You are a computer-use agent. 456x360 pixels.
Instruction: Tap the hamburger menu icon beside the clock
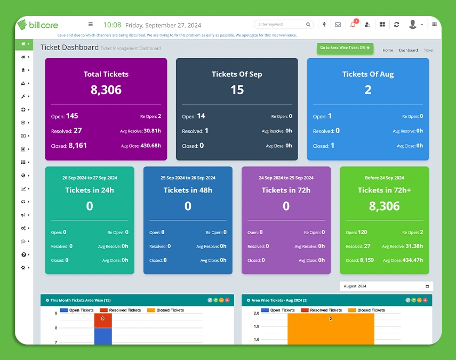click(91, 25)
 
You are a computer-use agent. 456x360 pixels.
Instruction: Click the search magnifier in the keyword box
click(308, 25)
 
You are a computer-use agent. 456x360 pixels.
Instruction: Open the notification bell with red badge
click(353, 25)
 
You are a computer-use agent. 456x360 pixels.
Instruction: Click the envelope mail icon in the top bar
click(338, 25)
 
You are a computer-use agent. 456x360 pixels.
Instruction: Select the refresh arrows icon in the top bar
click(396, 25)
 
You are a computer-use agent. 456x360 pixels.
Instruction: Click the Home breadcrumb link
click(388, 50)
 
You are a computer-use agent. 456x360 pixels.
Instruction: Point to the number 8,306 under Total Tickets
click(106, 90)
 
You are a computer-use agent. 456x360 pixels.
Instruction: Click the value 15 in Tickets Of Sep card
click(237, 90)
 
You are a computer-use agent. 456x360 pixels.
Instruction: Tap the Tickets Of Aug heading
click(368, 74)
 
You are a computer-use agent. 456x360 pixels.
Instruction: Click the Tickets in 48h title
click(188, 190)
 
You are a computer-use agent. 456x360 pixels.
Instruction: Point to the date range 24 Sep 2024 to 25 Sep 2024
click(286, 178)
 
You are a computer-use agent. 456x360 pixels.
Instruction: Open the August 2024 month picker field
click(386, 286)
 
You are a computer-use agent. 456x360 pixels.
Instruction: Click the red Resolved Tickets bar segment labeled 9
click(103, 320)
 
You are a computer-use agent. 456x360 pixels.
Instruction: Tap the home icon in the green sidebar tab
click(23, 44)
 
